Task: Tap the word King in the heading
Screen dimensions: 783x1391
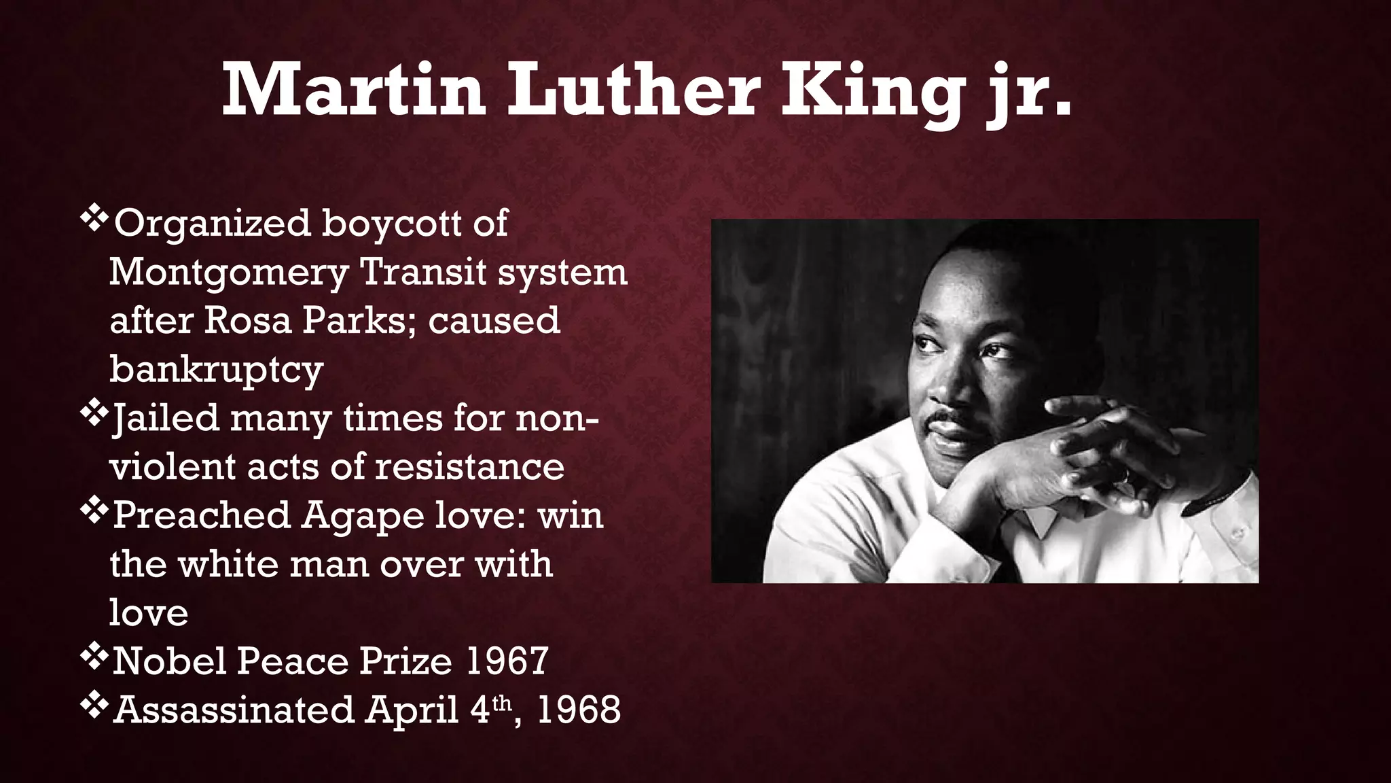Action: [x=872, y=91]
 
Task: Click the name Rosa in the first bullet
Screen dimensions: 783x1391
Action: [x=247, y=320]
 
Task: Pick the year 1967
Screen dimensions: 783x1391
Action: [x=507, y=661]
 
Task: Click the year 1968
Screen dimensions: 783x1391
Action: [x=578, y=710]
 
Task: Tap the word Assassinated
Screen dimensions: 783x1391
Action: [x=234, y=710]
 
